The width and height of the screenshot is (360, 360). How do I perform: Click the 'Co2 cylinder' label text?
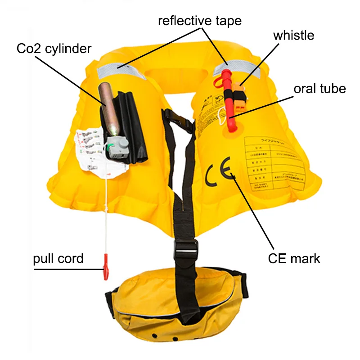click(54, 48)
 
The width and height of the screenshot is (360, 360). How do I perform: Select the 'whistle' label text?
click(293, 35)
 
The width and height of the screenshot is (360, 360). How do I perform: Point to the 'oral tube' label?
click(319, 88)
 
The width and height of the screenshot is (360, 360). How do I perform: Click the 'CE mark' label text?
click(294, 258)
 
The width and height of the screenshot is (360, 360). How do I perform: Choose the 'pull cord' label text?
click(58, 258)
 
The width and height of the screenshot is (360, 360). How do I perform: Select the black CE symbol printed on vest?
click(218, 173)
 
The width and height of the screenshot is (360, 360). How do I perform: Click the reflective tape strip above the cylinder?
click(119, 71)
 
